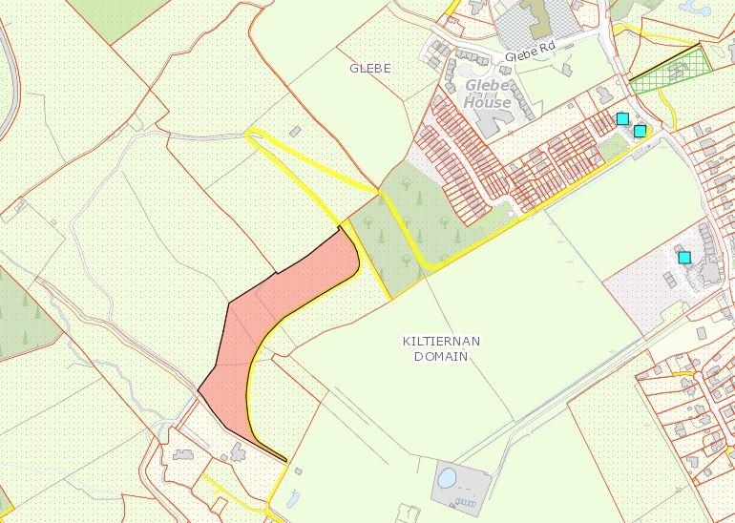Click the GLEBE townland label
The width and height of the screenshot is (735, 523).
(370, 69)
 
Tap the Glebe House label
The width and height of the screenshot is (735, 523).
(487, 94)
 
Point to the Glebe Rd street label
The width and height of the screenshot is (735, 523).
(529, 55)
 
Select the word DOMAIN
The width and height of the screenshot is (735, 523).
(441, 356)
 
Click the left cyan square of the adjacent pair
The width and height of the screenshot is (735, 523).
(622, 118)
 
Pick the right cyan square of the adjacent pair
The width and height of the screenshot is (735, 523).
(640, 131)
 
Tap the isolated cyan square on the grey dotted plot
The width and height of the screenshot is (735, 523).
(684, 257)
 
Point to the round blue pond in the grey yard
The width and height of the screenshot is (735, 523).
(447, 475)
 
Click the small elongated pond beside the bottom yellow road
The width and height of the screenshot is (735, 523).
(292, 498)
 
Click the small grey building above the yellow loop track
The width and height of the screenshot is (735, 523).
(296, 131)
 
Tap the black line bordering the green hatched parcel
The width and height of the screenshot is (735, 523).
(664, 61)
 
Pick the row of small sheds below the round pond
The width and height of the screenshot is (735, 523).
(466, 502)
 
